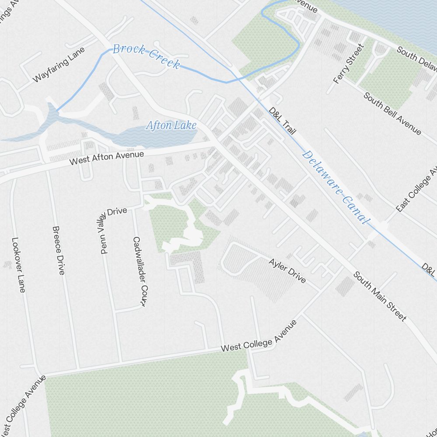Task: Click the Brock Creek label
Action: [x=146, y=55]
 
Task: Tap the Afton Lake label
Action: [x=171, y=126]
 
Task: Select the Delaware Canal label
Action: [x=335, y=187]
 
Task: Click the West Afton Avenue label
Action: [x=107, y=158]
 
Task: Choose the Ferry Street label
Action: [x=348, y=63]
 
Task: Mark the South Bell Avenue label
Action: [x=392, y=113]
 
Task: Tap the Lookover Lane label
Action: [x=18, y=271]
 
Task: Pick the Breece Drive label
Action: [x=58, y=250]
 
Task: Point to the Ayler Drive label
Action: [x=287, y=271]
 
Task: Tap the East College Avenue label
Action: [x=417, y=189]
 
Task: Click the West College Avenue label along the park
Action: [x=259, y=336]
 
